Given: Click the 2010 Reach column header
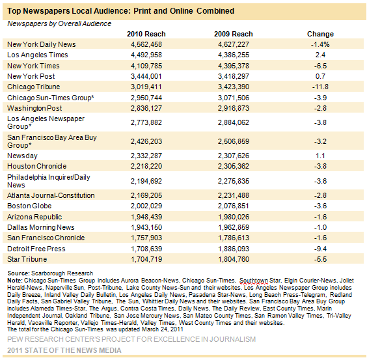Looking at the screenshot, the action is [x=146, y=34].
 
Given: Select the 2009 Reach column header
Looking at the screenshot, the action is [x=234, y=34].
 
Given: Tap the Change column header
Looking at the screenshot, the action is [x=320, y=34].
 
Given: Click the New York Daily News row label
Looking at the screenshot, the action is [x=42, y=44].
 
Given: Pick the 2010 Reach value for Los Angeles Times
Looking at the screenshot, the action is [x=146, y=55].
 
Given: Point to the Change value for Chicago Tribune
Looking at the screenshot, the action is [x=320, y=87].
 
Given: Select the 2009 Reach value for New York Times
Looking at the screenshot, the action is [x=234, y=66].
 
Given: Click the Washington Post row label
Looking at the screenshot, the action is [x=34, y=108].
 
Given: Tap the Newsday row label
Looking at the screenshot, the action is [x=22, y=156].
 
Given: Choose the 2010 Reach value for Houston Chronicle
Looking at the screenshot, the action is [x=146, y=166].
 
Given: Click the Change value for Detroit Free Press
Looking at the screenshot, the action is [x=320, y=249].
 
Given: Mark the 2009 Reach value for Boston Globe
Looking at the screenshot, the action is [x=234, y=206].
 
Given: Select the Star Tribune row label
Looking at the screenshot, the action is [x=27, y=259].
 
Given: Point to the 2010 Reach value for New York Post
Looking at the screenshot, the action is [x=146, y=76].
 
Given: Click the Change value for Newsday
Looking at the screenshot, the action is [x=320, y=156].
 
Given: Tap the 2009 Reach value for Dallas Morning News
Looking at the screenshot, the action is [x=234, y=227].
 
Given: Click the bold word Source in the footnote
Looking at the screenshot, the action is [x=18, y=273].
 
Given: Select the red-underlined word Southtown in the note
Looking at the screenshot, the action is [x=254, y=281].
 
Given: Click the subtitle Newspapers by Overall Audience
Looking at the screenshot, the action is [x=59, y=23].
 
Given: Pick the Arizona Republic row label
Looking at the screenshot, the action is [x=34, y=217].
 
